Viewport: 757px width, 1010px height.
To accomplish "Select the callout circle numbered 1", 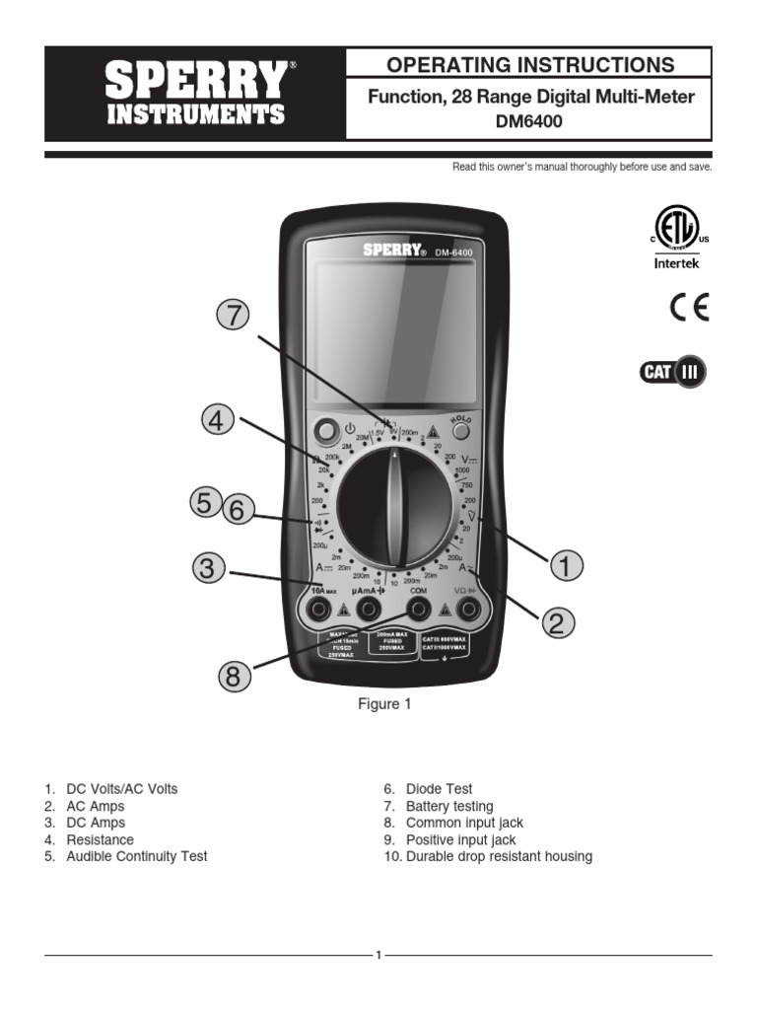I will pos(566,566).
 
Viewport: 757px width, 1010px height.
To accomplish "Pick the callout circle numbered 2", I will pos(556,621).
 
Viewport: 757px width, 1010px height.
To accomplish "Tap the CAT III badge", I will pos(672,373).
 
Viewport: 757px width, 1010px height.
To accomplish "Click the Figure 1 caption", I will pos(383,704).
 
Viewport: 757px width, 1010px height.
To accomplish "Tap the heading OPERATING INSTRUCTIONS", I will pos(530,65).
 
